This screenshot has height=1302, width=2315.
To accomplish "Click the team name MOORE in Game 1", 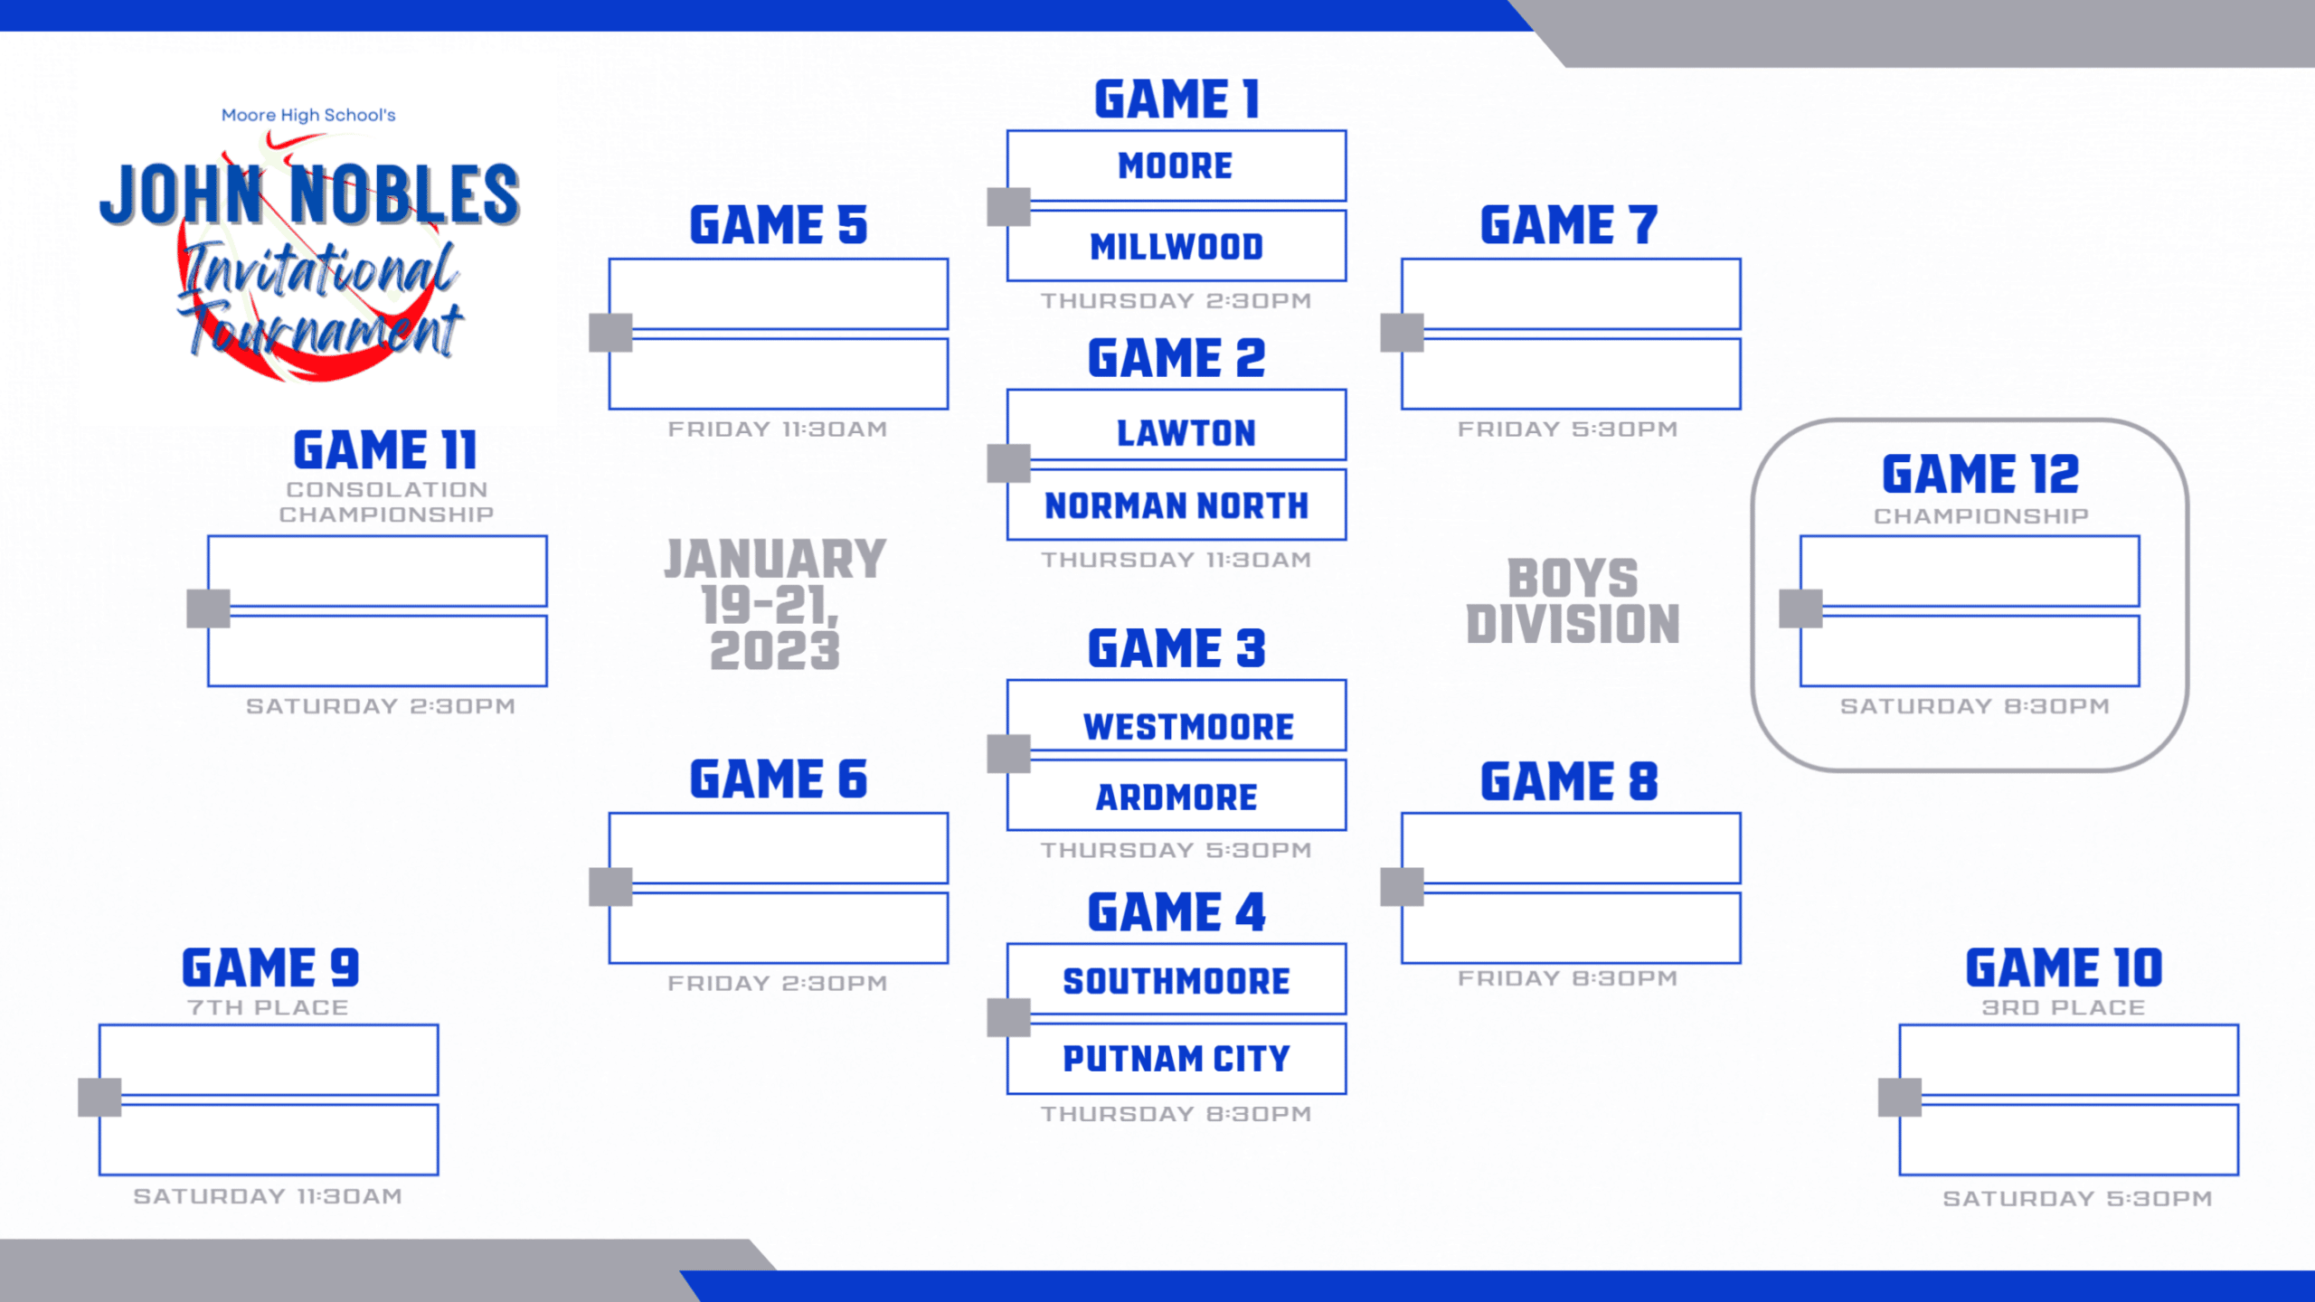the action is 1176,165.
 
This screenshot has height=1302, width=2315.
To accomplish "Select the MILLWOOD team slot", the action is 1176,246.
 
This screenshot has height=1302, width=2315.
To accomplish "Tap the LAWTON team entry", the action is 1186,433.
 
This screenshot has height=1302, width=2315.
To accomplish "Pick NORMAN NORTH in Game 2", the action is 1176,505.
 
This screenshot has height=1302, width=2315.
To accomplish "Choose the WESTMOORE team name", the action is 1188,727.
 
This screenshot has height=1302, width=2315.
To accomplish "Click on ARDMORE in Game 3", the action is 1176,797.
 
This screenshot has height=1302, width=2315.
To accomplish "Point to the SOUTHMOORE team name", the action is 1176,981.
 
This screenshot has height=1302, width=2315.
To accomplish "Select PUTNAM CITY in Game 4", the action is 1176,1058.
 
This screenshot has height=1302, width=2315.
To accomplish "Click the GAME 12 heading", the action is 1980,474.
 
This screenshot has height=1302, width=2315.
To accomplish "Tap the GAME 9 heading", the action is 270,967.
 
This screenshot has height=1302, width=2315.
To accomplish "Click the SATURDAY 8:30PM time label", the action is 1974,706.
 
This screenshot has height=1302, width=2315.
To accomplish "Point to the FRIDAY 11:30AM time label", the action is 778,429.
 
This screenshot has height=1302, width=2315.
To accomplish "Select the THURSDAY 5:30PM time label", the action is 1176,850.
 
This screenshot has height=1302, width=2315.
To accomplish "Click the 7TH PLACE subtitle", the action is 268,1007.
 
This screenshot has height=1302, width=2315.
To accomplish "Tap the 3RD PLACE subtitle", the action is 2064,1007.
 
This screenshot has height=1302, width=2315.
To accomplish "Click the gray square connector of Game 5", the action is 610,333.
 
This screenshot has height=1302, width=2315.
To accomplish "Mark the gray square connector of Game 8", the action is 1402,887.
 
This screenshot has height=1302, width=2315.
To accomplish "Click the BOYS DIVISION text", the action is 1573,601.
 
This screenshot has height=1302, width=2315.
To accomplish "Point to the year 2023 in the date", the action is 775,651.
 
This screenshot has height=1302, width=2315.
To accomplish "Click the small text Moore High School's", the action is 308,115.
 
